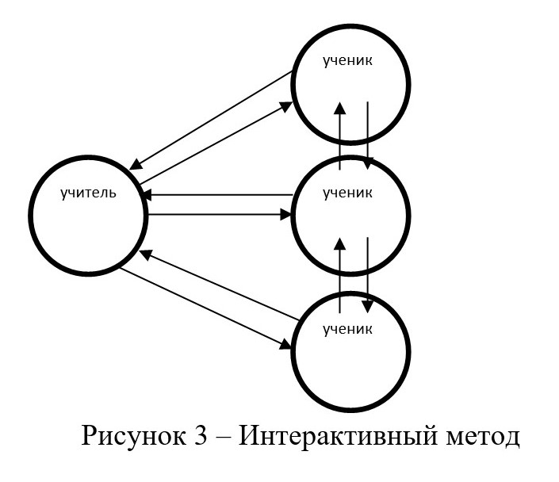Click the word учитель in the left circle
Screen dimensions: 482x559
coord(88,192)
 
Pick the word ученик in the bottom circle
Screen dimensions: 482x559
coord(348,327)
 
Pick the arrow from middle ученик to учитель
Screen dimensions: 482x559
coord(218,194)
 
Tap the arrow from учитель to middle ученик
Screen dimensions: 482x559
coord(218,214)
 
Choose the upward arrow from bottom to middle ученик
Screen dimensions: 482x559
coord(339,270)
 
